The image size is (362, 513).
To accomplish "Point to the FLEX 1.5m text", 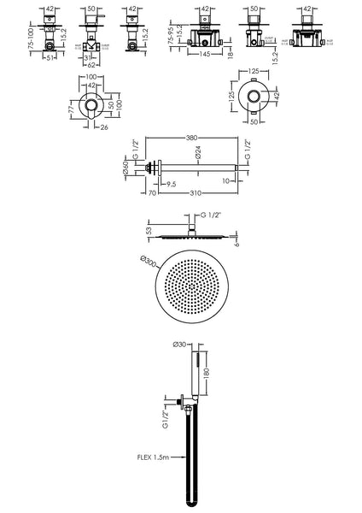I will (149, 456).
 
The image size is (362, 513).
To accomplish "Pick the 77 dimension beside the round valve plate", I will (73, 110).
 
